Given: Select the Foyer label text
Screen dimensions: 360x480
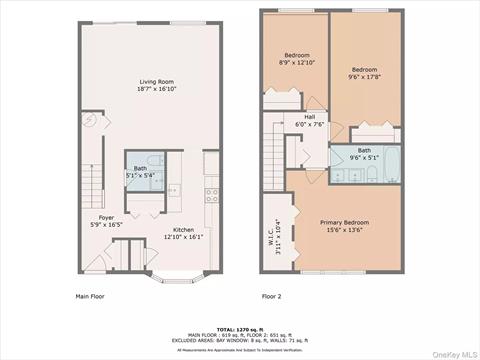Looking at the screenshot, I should [x=106, y=218].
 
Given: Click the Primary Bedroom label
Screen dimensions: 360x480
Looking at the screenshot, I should [x=344, y=222].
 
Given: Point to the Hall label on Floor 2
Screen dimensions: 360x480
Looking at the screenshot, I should [x=310, y=116].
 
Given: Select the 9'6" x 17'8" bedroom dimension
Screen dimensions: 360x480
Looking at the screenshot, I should [x=369, y=76].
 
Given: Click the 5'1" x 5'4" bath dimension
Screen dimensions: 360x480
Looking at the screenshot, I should [x=140, y=176].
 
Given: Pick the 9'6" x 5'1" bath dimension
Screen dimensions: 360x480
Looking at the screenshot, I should [x=364, y=157].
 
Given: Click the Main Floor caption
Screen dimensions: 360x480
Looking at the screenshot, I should [x=90, y=296].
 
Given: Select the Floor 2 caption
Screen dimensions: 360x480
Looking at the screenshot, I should [x=272, y=296].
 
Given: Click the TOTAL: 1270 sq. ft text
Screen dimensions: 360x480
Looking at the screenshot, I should [x=240, y=328].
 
